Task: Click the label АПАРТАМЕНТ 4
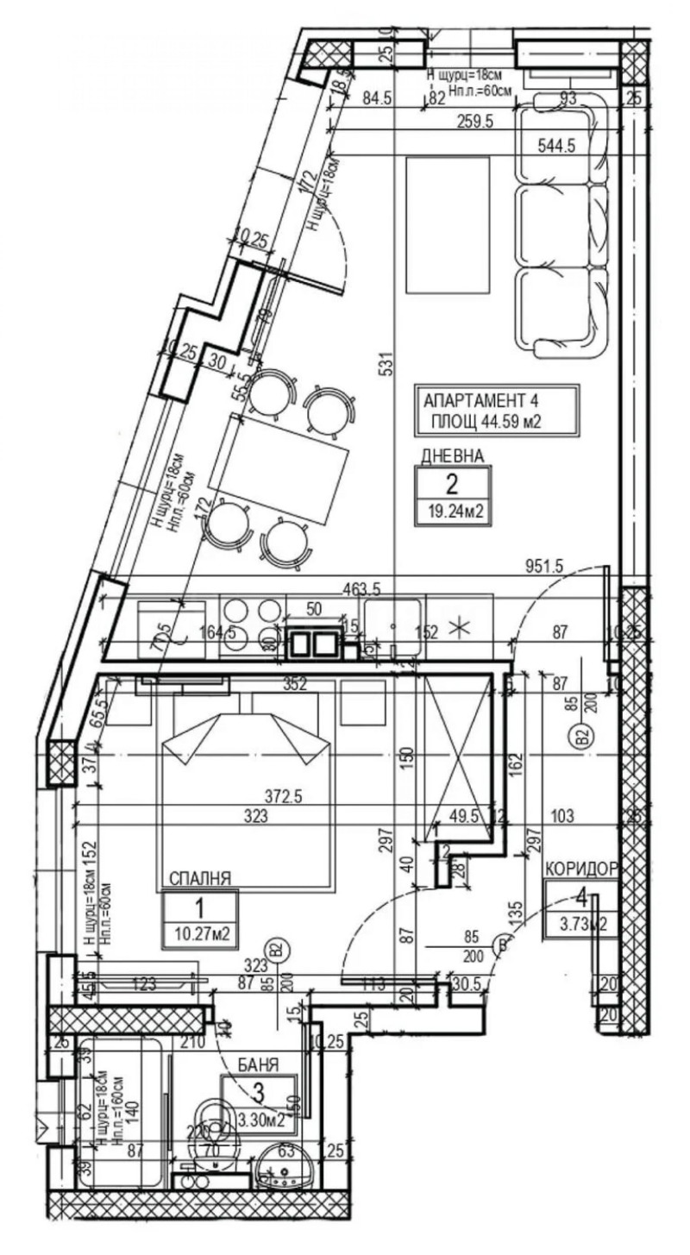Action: point(486,401)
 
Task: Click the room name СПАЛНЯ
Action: point(199,879)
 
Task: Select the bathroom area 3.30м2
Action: point(259,1120)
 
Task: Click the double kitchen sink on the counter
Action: point(314,643)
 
